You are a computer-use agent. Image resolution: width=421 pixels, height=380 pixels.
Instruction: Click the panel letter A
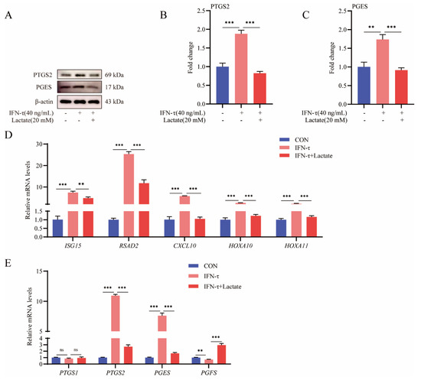(8, 15)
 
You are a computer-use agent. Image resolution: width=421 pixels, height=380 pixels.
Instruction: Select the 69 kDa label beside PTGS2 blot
(114, 75)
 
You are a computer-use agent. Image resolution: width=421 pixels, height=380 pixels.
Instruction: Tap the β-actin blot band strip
(80, 102)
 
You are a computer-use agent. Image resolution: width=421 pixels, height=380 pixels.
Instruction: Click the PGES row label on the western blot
(44, 87)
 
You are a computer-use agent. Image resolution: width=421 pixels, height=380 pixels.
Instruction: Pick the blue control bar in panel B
(223, 86)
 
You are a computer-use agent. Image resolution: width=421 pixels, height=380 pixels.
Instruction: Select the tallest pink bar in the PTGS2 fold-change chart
(241, 69)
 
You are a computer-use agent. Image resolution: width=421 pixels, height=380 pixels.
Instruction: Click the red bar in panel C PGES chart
(401, 87)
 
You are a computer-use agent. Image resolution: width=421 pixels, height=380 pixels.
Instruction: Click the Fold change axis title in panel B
(191, 57)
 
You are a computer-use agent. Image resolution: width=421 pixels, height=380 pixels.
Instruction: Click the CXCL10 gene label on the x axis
(184, 245)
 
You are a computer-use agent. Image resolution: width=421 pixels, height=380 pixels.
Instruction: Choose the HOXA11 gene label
(296, 245)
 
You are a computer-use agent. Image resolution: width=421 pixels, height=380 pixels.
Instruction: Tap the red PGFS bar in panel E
(221, 355)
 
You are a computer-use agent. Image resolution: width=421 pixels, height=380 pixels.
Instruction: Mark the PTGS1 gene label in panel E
(69, 373)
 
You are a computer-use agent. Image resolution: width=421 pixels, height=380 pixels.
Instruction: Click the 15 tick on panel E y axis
(40, 271)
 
